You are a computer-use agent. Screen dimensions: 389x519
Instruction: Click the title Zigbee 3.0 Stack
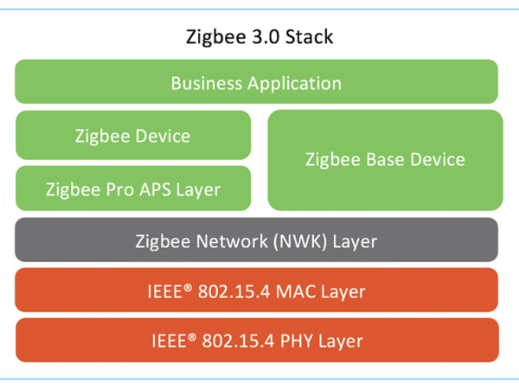tap(259, 38)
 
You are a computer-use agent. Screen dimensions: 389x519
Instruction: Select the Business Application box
tap(256, 83)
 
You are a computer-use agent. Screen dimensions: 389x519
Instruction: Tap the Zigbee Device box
tap(132, 136)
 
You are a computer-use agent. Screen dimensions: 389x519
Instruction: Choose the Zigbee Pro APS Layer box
tap(132, 188)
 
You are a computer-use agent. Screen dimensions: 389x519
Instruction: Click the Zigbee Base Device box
tap(385, 160)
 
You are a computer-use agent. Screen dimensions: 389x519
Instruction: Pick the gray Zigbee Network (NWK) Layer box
tap(256, 240)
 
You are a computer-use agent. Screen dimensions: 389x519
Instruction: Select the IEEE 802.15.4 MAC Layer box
tap(256, 290)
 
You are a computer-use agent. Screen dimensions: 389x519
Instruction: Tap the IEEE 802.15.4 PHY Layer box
tap(256, 341)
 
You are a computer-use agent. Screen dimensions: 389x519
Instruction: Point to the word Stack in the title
tap(310, 38)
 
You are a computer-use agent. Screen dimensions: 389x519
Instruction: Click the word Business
tap(206, 84)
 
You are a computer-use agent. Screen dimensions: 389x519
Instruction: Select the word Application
tap(294, 84)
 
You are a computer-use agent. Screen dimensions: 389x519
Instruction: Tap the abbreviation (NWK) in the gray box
tap(296, 241)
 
